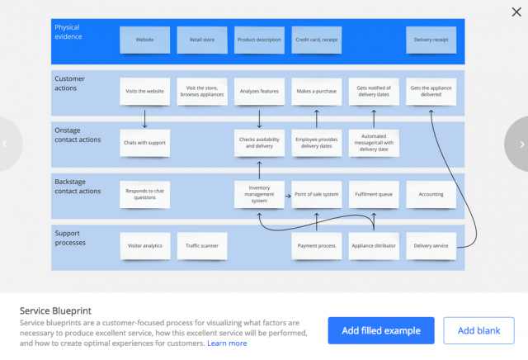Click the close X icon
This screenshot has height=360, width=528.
pos(516,12)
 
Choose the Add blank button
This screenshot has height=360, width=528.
pos(478,330)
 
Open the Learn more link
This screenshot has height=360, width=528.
pos(227,343)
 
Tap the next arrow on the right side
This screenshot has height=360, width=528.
pos(521,144)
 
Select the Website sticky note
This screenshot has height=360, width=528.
pos(145,40)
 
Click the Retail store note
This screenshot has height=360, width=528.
pos(202,40)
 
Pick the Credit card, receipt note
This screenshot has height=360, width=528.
pos(317,40)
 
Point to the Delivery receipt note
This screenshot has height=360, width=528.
pos(431,40)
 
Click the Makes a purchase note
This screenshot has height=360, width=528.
pos(317,92)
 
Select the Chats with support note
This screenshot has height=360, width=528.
pos(145,143)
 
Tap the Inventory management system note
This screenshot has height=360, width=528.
pos(259,194)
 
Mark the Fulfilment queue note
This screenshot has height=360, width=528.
pos(374,194)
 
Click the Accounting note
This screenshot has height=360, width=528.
pos(431,194)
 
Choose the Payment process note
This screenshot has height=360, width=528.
pos(317,246)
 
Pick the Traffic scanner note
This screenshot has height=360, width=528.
pos(202,246)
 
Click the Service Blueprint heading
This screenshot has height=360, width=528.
pos(55,310)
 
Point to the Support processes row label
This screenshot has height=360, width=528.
pos(70,238)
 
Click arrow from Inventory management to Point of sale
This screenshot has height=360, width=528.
pos(288,196)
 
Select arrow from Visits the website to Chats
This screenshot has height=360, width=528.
pos(145,119)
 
